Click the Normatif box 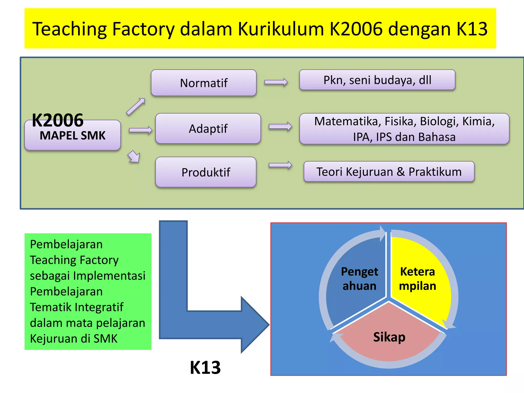tap(204, 83)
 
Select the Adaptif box tap(208, 128)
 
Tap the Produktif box tap(206, 172)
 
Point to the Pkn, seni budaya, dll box tap(377, 80)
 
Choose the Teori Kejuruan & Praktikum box tap(389, 171)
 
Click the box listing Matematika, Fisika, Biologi tap(404, 129)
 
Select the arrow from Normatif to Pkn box tap(276, 82)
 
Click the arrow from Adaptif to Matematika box tap(280, 126)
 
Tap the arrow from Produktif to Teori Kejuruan tap(280, 165)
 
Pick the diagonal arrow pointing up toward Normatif tap(136, 106)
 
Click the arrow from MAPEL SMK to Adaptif tap(140, 130)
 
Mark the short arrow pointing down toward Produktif tap(134, 156)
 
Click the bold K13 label tap(205, 367)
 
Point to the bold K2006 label tap(58, 120)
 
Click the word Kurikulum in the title tap(281, 29)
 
